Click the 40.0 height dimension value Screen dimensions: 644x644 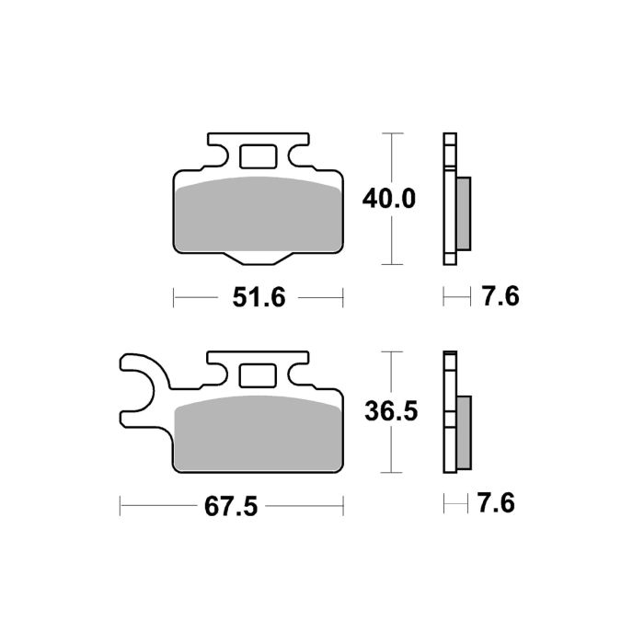(x=391, y=198)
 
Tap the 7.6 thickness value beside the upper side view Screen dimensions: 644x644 (x=500, y=296)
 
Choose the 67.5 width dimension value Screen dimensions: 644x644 (x=231, y=505)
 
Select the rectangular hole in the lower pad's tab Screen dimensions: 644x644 (x=257, y=376)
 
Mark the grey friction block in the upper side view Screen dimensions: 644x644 (x=463, y=213)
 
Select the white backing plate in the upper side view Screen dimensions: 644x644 (x=449, y=199)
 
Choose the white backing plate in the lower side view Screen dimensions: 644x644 (x=449, y=414)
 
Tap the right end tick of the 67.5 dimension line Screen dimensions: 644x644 (x=343, y=505)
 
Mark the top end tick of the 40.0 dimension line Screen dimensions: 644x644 (x=393, y=133)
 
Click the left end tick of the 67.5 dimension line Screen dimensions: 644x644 (x=121, y=505)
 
